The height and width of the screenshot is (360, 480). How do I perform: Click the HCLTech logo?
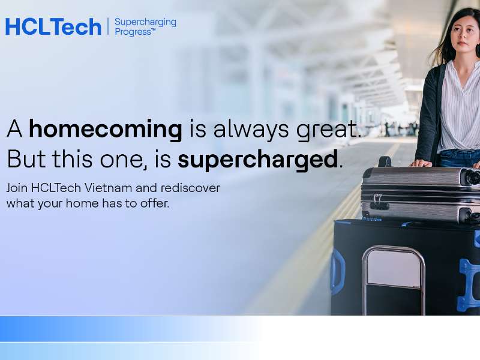(x=53, y=26)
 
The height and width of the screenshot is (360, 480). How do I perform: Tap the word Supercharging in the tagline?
(x=145, y=22)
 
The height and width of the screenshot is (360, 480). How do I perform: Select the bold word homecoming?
(x=105, y=129)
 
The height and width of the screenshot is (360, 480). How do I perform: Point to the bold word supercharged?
(x=258, y=159)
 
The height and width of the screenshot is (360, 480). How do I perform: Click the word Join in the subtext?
(x=17, y=188)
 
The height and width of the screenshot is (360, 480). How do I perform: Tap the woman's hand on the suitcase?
(x=420, y=163)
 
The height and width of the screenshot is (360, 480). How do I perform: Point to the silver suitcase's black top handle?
(x=385, y=161)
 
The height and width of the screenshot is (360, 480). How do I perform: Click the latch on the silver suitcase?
(x=378, y=202)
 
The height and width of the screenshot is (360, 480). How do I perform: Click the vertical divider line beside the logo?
(x=108, y=26)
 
